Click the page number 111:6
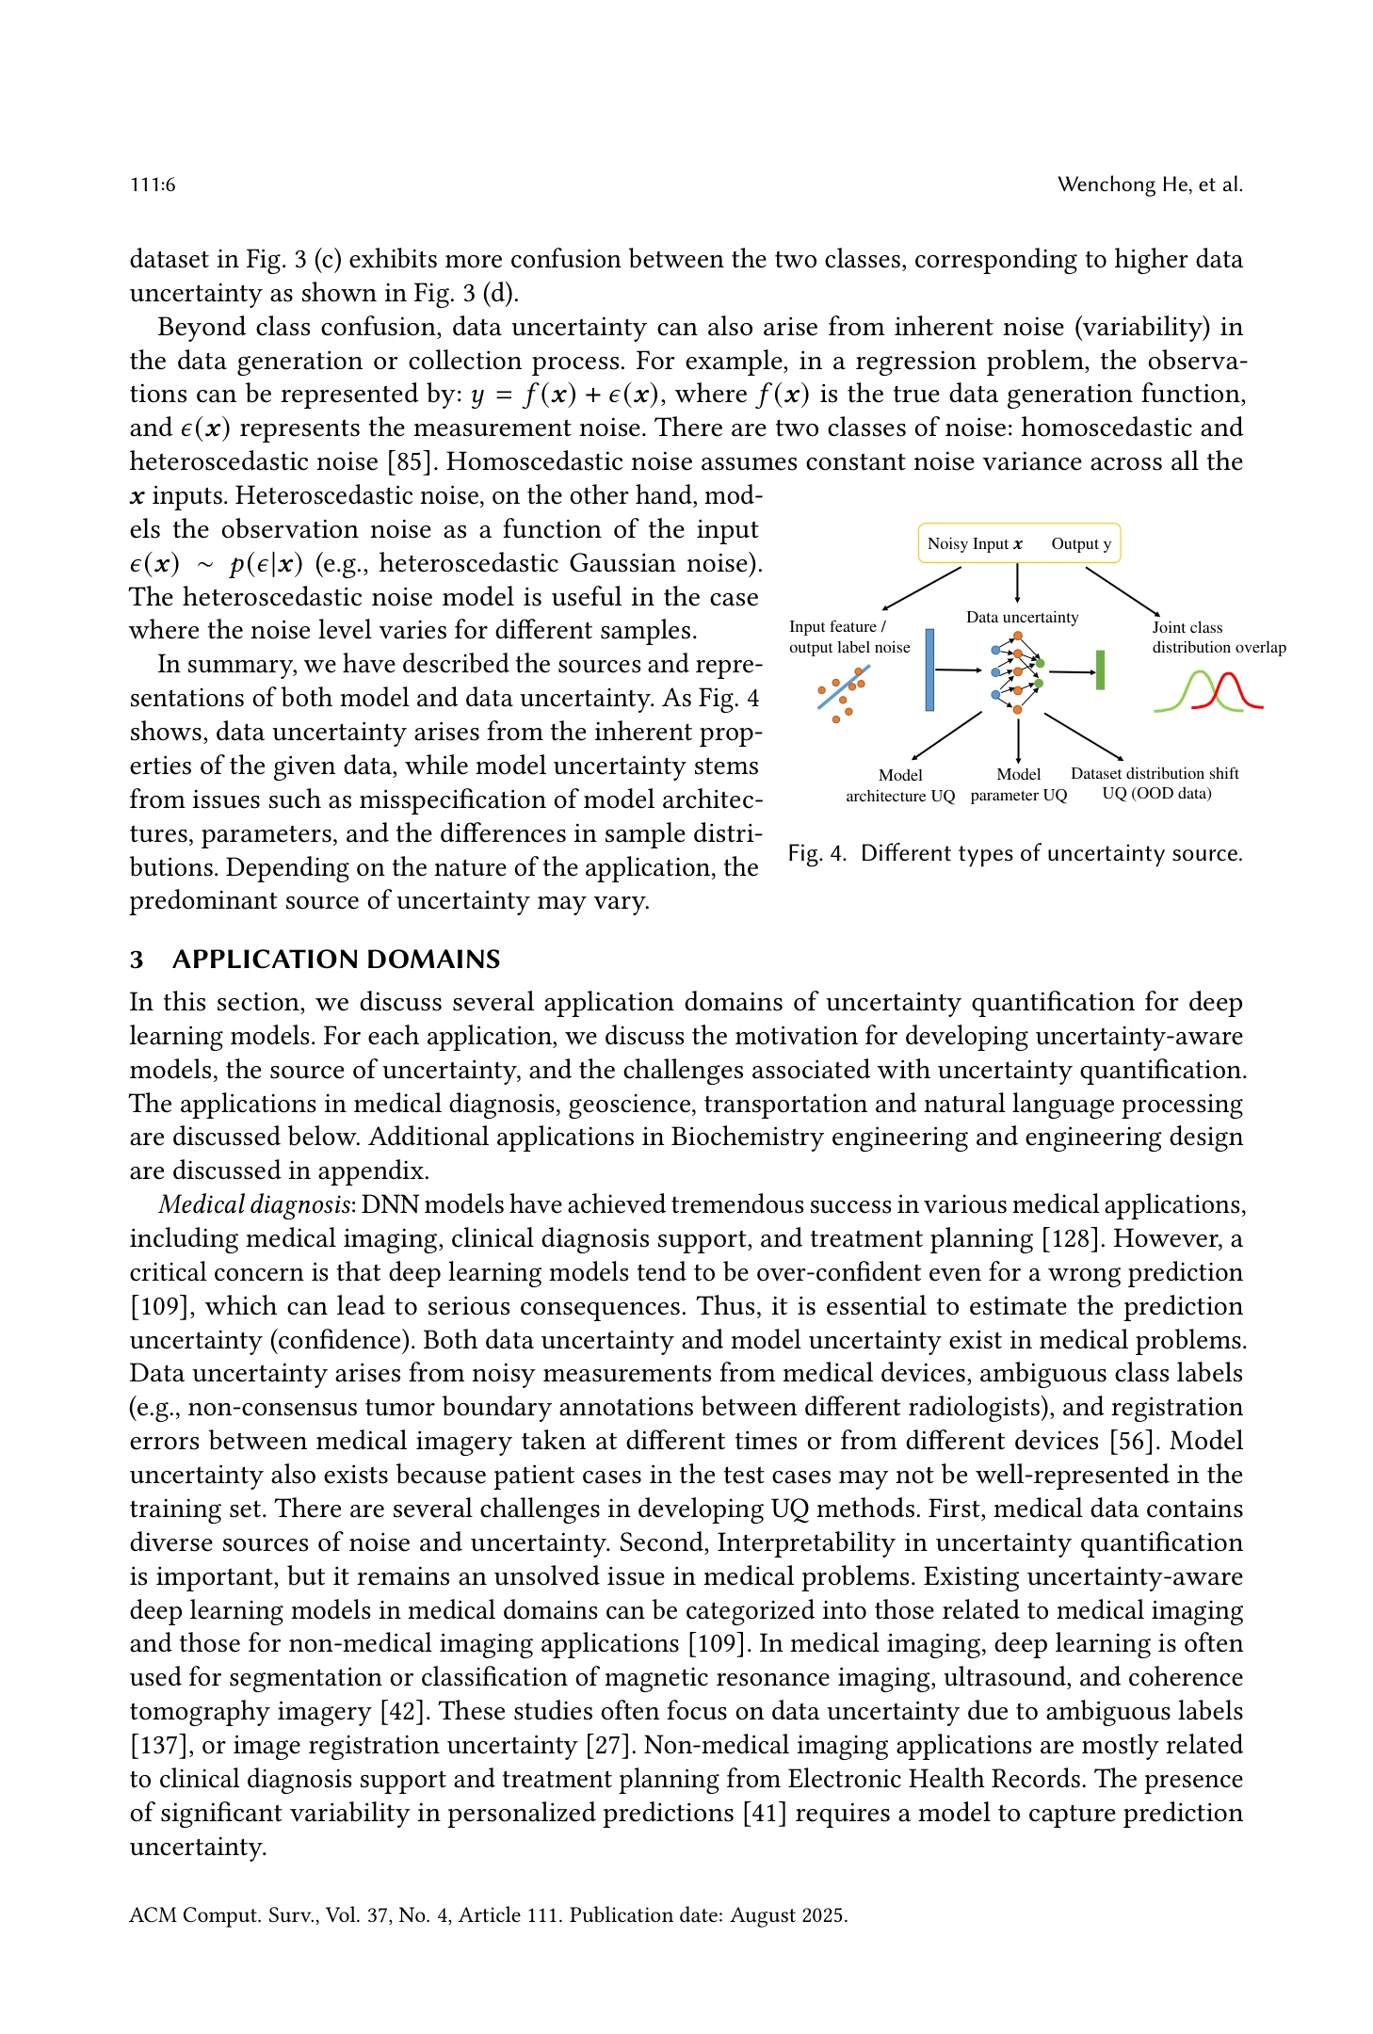pos(153,185)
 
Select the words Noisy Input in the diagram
pos(967,543)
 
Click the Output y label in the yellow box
pos(1081,543)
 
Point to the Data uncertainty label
pos(1022,617)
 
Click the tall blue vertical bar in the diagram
pos(929,670)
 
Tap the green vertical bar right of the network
pos(1100,670)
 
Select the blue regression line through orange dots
pos(844,687)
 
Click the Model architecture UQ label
pos(900,785)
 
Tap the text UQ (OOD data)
pos(1156,794)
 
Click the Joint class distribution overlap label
pos(1218,638)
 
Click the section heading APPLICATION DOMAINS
pos(336,960)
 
